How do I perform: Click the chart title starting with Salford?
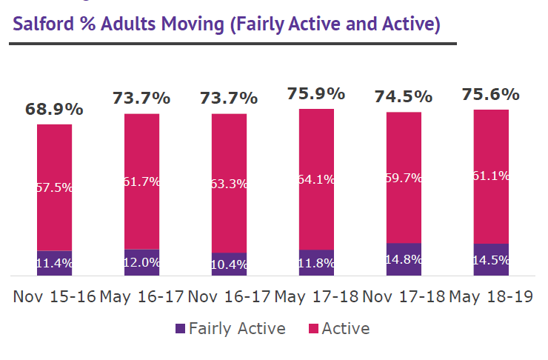pyautogui.click(x=227, y=24)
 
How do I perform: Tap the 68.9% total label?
pyautogui.click(x=54, y=109)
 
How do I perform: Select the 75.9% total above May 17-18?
pyautogui.click(x=315, y=94)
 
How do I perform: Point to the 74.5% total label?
pyautogui.click(x=403, y=96)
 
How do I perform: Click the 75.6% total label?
pyautogui.click(x=490, y=95)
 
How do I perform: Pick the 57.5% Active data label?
pyautogui.click(x=54, y=187)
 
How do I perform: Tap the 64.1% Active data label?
pyautogui.click(x=316, y=179)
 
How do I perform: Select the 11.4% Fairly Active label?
pyautogui.click(x=54, y=263)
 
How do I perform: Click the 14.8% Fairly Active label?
pyautogui.click(x=404, y=259)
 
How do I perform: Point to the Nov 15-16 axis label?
pyautogui.click(x=54, y=296)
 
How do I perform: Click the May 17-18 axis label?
pyautogui.click(x=316, y=296)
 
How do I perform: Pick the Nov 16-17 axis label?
pyautogui.click(x=229, y=296)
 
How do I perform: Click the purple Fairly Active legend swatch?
pyautogui.click(x=180, y=328)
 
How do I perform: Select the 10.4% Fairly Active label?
pyautogui.click(x=229, y=264)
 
